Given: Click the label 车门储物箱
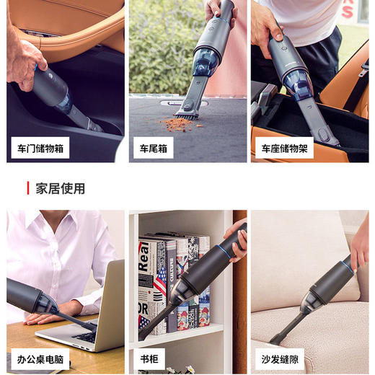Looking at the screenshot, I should point(40,148).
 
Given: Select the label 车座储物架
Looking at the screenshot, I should point(284,148).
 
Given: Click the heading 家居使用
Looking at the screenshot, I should point(61,188).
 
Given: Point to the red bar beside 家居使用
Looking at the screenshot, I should point(28,188).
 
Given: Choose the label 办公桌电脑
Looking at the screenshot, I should point(40,358).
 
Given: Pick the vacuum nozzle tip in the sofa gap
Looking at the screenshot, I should point(274,339).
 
